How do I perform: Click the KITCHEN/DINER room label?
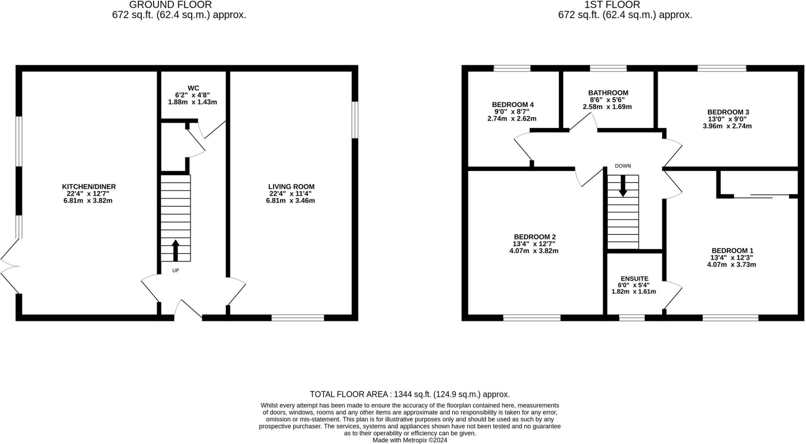tap(89, 187)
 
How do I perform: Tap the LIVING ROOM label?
tap(291, 187)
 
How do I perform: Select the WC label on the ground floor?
tap(193, 88)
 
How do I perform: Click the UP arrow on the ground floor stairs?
tap(176, 250)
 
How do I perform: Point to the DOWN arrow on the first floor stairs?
tap(623, 186)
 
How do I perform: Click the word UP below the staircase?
tap(176, 271)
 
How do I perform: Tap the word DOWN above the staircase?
tap(623, 166)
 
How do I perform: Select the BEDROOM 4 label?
tap(512, 105)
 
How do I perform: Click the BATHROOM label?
tap(608, 93)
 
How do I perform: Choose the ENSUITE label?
tap(634, 278)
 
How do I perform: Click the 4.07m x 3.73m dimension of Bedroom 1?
tap(732, 265)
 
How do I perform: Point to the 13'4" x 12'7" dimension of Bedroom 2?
tap(534, 244)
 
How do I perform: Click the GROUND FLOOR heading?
tap(170, 5)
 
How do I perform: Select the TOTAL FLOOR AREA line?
tap(409, 394)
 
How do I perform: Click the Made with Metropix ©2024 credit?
tap(409, 440)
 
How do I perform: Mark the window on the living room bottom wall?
tap(298, 318)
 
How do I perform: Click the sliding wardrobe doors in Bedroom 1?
tap(762, 196)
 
